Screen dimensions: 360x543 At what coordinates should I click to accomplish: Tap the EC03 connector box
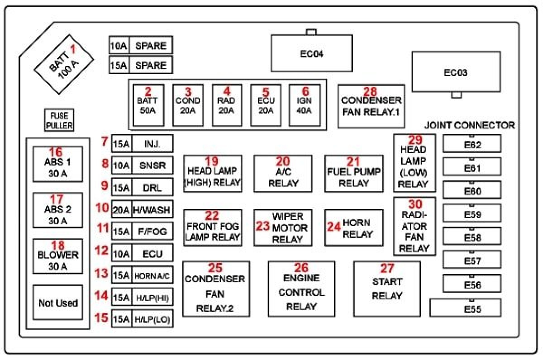[456, 72]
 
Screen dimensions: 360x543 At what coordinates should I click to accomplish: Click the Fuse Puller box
[59, 120]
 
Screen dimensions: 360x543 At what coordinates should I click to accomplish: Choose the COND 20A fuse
[188, 105]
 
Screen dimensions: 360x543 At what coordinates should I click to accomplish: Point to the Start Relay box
[387, 289]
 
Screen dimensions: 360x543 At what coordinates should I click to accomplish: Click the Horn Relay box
[354, 227]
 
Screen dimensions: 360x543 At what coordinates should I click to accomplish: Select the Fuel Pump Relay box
[354, 173]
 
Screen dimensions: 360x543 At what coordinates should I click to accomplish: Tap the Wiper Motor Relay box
[283, 227]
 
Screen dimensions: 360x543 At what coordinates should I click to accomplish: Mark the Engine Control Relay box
[301, 289]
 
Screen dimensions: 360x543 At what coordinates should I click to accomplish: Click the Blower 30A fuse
[58, 256]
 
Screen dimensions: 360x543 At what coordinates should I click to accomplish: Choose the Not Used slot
[58, 303]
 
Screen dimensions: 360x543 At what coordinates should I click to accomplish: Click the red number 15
[101, 317]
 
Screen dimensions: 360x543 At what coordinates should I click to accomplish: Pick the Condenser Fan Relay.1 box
[371, 106]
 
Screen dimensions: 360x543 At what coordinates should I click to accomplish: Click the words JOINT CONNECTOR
[469, 125]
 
